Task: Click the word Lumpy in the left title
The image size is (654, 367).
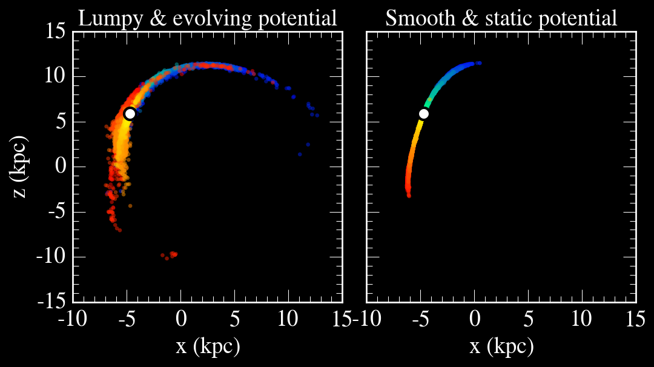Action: pos(103,19)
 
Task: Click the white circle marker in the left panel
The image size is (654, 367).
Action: pos(129,114)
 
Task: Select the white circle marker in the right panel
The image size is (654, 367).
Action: pos(423,114)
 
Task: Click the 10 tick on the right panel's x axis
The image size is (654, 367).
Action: pos(582,317)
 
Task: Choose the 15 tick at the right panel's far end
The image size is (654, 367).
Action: pos(636,317)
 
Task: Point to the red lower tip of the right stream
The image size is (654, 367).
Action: pos(409,194)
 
